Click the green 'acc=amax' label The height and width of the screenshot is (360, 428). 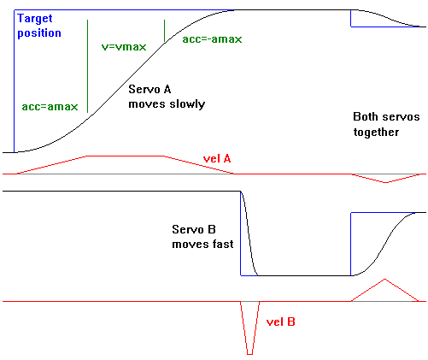tap(50, 108)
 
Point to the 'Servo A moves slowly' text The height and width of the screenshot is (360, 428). tap(167, 96)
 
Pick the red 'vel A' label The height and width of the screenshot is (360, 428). tap(218, 158)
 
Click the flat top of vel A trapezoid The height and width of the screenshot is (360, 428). tap(125, 156)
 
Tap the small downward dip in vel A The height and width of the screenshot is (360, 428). tap(387, 181)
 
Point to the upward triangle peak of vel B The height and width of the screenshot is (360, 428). tap(386, 280)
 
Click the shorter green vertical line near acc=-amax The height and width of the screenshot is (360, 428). tap(164, 32)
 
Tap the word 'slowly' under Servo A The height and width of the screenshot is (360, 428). tap(187, 103)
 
